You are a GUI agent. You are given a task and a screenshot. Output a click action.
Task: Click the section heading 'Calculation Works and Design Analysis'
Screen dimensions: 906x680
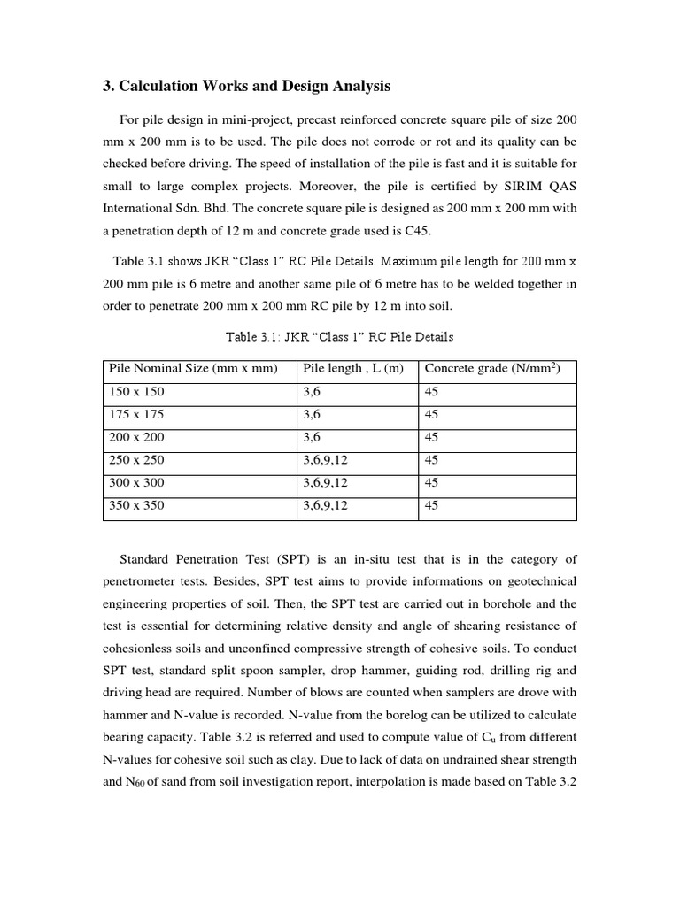point(247,86)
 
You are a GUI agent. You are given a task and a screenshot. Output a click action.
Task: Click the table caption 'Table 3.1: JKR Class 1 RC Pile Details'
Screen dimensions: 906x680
point(340,336)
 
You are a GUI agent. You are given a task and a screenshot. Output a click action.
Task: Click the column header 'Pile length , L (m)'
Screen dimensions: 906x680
point(352,368)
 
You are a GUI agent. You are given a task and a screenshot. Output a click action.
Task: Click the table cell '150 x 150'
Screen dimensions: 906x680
point(136,391)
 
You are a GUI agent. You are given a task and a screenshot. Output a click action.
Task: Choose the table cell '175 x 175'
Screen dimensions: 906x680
point(136,414)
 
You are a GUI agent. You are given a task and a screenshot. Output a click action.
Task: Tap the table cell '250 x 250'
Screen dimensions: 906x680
point(136,460)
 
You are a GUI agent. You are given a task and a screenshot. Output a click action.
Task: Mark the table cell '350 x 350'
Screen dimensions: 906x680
point(136,506)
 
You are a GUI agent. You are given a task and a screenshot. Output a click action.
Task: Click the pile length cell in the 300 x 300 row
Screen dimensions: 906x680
point(325,483)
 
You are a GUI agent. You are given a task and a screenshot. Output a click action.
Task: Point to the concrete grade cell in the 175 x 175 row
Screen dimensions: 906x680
point(432,414)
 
